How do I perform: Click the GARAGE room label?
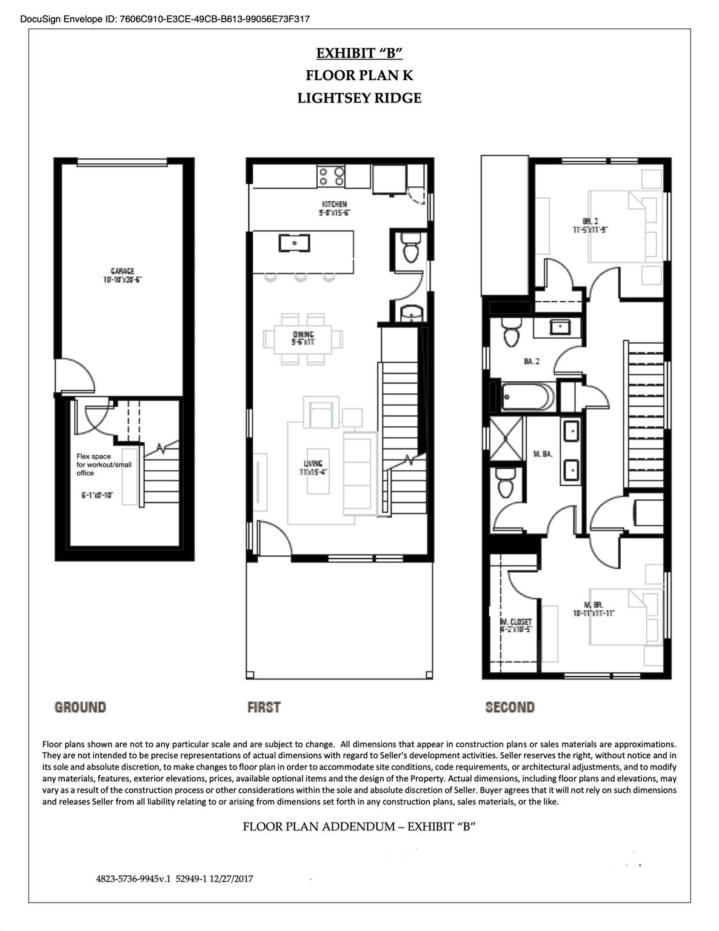click(x=122, y=272)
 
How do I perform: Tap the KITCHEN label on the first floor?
click(x=334, y=204)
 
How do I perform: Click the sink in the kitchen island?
click(x=295, y=243)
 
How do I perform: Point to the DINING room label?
click(x=303, y=335)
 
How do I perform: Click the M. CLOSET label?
click(x=516, y=622)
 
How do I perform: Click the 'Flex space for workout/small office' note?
click(x=104, y=464)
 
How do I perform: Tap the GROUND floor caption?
click(x=80, y=707)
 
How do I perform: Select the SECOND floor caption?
click(x=510, y=707)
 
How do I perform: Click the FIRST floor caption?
click(x=264, y=707)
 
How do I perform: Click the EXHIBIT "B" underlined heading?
click(x=359, y=53)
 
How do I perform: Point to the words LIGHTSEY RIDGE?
click(x=359, y=98)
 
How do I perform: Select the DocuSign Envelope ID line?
click(x=165, y=19)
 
